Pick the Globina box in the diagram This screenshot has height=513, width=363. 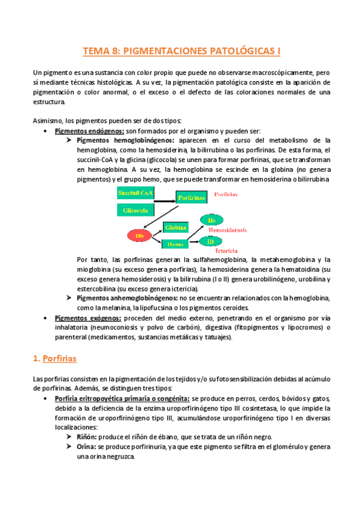pos(176,228)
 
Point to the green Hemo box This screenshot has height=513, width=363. pos(176,243)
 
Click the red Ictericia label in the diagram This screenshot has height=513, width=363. pos(225,250)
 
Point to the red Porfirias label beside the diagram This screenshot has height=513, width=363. pos(226,195)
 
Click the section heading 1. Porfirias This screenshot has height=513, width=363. pos(55,359)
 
